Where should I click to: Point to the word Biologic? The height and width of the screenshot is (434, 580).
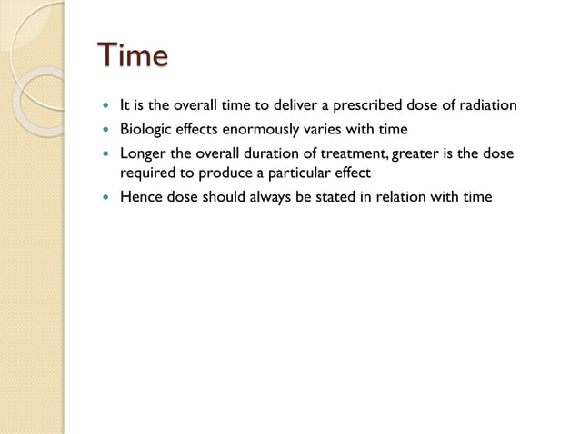[147, 130]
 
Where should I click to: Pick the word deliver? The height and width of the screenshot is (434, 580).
[289, 106]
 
